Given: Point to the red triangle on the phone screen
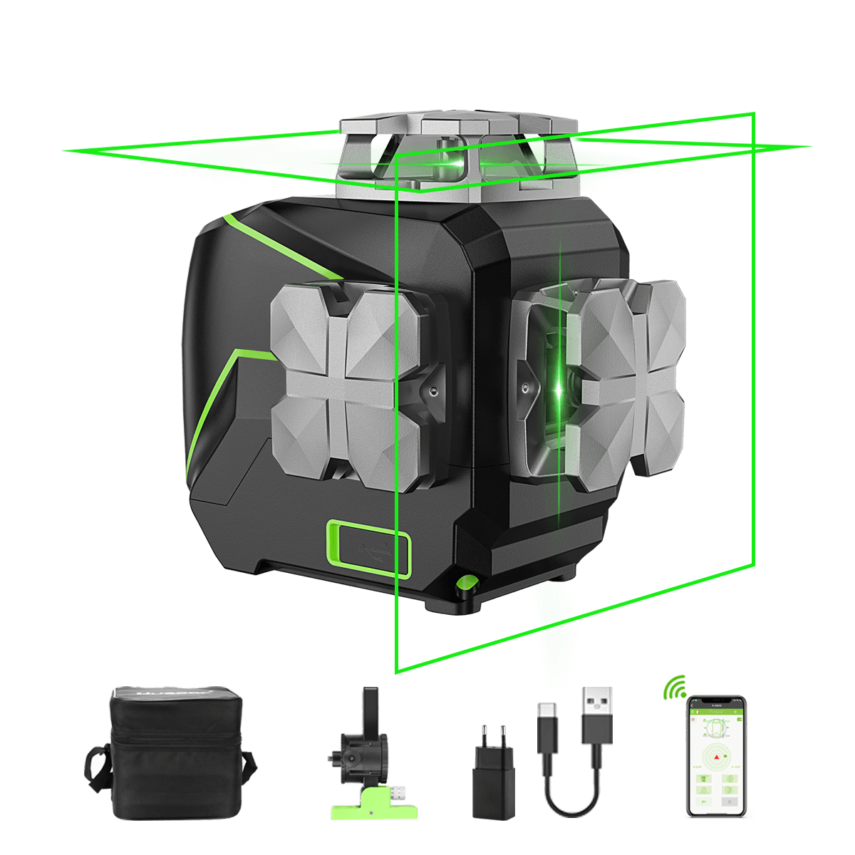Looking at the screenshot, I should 715,757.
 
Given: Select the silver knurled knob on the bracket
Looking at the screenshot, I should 399,792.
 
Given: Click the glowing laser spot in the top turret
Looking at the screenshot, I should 453,165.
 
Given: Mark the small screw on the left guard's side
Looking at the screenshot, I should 432,391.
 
